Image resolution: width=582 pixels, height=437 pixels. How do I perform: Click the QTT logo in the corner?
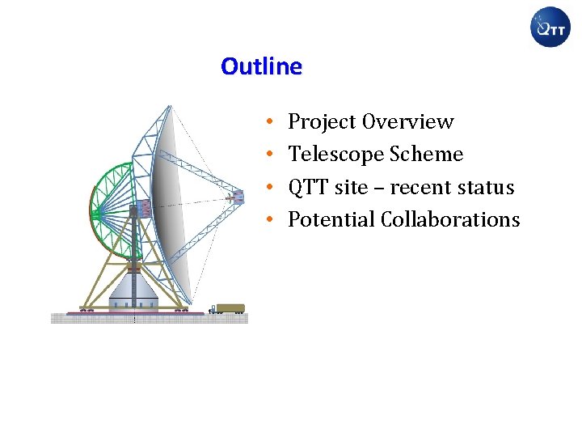(550, 28)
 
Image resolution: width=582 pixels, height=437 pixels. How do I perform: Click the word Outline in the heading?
(261, 66)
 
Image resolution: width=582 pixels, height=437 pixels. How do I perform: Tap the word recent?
(424, 188)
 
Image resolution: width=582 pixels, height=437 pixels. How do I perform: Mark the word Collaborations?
(450, 220)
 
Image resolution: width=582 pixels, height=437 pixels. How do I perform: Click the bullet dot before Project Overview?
(268, 123)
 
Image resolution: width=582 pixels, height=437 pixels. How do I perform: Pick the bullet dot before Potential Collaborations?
(268, 221)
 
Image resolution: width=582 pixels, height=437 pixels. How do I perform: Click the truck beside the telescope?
(228, 308)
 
